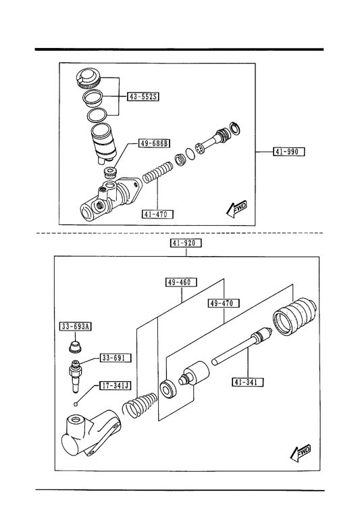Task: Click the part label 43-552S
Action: pyautogui.click(x=143, y=97)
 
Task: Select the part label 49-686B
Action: pyautogui.click(x=155, y=143)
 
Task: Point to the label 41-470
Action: pyautogui.click(x=157, y=214)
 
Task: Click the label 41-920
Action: pyautogui.click(x=186, y=243)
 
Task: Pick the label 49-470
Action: pyautogui.click(x=224, y=304)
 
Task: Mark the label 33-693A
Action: pyautogui.click(x=76, y=326)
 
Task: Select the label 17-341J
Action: pyautogui.click(x=115, y=386)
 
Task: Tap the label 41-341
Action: pyautogui.click(x=248, y=382)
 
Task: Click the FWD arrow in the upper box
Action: pyautogui.click(x=236, y=208)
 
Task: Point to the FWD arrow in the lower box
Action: pyautogui.click(x=301, y=452)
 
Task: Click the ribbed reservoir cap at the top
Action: pyautogui.click(x=88, y=78)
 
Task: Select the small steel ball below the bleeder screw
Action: pyautogui.click(x=76, y=404)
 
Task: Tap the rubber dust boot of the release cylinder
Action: pyautogui.click(x=294, y=316)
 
